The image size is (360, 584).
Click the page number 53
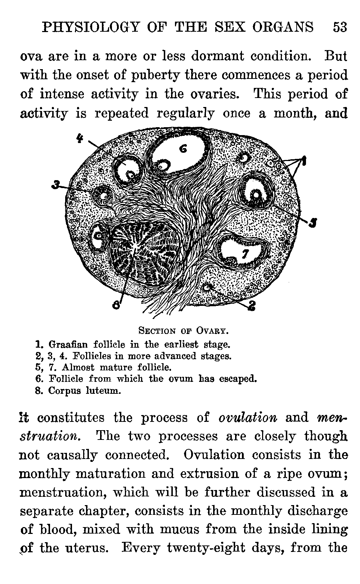click(x=340, y=27)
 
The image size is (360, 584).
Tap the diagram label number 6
click(x=183, y=148)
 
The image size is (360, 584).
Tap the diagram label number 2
click(x=252, y=306)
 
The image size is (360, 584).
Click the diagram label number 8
click(x=116, y=305)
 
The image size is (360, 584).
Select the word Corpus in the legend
click(x=64, y=391)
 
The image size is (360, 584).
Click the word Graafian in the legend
click(x=68, y=344)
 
